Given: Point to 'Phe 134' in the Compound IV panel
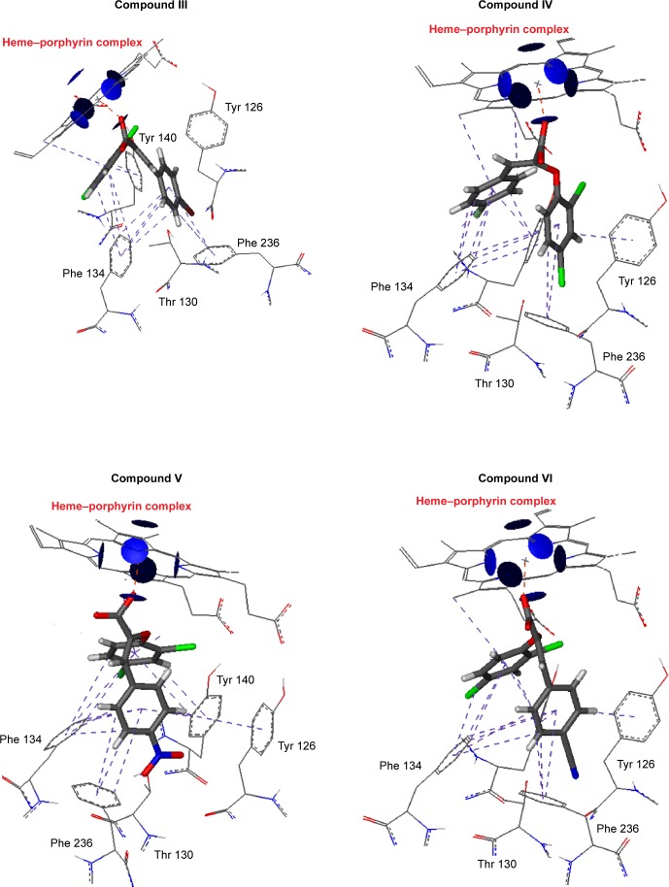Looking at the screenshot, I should [395, 288].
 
